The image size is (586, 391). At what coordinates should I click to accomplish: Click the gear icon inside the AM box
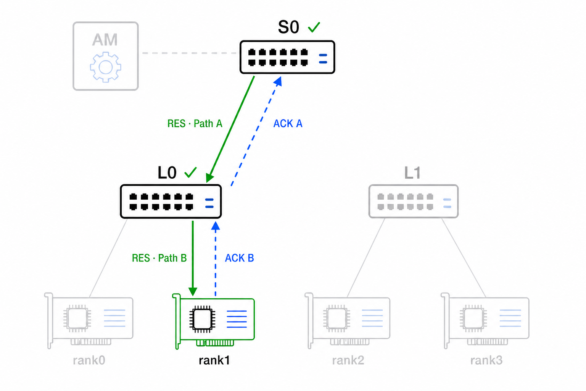pos(105,67)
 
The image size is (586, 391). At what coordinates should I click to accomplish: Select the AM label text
pos(105,40)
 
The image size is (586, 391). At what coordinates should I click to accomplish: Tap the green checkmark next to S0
pos(314,27)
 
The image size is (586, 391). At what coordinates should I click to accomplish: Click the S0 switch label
pos(288,27)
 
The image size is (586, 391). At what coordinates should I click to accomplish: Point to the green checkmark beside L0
pos(190,173)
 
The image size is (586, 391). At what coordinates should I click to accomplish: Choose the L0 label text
pos(167,173)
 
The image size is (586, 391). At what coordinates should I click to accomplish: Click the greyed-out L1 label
pos(412,173)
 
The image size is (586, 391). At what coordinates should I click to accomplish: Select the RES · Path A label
pos(195,124)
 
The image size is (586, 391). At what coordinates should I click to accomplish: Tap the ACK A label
pos(288,124)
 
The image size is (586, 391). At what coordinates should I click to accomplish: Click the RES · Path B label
pos(159,258)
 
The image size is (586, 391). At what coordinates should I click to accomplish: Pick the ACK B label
pos(239,258)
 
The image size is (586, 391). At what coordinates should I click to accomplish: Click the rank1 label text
pos(214,360)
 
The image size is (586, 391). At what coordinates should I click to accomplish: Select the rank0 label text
pos(89,360)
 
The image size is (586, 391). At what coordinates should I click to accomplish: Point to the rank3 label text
pos(486,360)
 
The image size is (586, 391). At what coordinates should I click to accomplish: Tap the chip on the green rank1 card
pos(202,319)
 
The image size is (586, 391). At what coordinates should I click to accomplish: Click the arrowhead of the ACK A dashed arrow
pos(278,81)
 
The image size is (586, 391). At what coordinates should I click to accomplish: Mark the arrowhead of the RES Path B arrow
pos(193,291)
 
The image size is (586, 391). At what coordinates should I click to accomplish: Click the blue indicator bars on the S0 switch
pos(323,59)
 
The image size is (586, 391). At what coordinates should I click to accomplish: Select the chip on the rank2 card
pos(337,318)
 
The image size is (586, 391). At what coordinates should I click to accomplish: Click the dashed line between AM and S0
pos(189,53)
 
